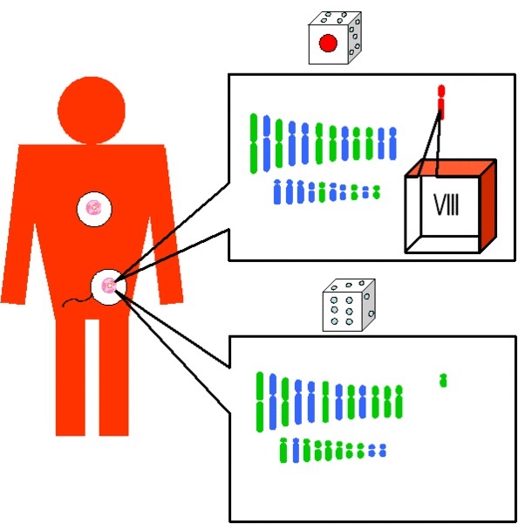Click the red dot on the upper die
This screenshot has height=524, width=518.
328,43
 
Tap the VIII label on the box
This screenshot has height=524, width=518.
446,204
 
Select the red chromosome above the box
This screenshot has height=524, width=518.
441,102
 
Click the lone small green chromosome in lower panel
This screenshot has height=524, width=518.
443,380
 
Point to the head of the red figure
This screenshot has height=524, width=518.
92,110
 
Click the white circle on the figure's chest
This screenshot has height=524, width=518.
94,209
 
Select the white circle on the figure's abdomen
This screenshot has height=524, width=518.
109,286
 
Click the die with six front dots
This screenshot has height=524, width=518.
349,305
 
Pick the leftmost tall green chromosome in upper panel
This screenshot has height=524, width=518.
254,143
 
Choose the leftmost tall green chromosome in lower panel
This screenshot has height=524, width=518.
260,402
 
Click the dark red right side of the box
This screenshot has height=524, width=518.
488,205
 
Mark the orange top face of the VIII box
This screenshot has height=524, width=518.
450,168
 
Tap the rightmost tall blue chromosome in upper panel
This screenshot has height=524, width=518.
392,143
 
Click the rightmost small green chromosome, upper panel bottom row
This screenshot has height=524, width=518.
376,192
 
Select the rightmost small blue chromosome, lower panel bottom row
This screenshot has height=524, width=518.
383,450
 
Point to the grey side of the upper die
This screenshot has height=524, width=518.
355,38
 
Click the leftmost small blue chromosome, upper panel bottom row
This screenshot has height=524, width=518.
277,191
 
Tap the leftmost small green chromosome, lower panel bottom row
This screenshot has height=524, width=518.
283,450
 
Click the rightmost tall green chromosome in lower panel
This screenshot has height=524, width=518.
399,402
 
